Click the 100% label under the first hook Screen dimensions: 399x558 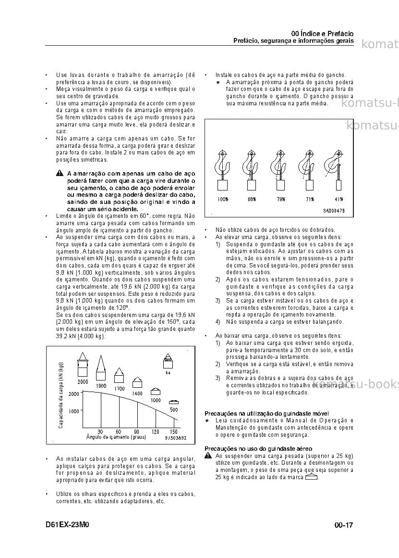[223, 199]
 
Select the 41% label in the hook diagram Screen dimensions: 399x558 [339, 199]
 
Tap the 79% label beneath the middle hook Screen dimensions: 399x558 [281, 199]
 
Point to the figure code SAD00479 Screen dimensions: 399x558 [334, 211]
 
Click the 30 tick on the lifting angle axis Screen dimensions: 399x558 [100, 431]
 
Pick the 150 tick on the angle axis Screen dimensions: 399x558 [174, 431]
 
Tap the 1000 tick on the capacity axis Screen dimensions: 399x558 [74, 411]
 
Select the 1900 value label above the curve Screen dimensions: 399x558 [101, 386]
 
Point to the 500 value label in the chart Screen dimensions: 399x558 [174, 410]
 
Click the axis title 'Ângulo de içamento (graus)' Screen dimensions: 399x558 [116, 437]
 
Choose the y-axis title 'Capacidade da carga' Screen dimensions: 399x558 [61, 395]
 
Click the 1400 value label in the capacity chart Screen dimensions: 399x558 [137, 393]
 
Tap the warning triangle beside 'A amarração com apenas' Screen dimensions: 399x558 [60, 173]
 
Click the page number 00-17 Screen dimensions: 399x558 [344, 525]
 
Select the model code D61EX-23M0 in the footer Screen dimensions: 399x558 [67, 525]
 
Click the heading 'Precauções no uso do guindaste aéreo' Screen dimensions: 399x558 [258, 449]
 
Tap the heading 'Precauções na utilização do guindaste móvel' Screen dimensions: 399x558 [266, 414]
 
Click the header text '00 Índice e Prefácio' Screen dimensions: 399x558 [322, 34]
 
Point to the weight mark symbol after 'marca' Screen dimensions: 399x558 [311, 477]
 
